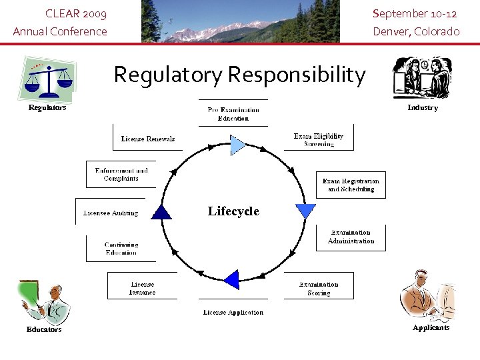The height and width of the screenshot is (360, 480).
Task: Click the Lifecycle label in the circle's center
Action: (233, 211)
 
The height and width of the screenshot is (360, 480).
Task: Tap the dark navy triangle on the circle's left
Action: (161, 212)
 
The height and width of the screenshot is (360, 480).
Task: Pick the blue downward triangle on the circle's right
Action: (305, 211)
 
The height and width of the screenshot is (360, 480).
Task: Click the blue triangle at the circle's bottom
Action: (231, 279)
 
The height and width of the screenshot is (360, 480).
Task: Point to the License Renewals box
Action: (147, 139)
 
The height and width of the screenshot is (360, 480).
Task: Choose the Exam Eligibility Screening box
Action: (319, 139)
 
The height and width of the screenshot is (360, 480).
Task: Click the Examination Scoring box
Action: (319, 288)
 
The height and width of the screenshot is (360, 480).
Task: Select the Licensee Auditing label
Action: (111, 213)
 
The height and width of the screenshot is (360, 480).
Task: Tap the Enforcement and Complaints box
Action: (121, 175)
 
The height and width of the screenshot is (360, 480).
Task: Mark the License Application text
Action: (233, 313)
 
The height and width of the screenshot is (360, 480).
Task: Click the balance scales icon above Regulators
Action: (47, 79)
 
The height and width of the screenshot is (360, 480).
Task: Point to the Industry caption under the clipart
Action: (423, 107)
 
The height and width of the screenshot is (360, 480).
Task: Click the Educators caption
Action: (44, 329)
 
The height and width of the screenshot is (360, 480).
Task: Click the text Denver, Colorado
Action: (416, 31)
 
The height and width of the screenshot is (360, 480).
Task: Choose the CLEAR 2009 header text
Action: (75, 14)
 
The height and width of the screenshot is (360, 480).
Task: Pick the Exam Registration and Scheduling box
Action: (351, 185)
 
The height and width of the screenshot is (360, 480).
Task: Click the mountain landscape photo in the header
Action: (240, 21)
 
